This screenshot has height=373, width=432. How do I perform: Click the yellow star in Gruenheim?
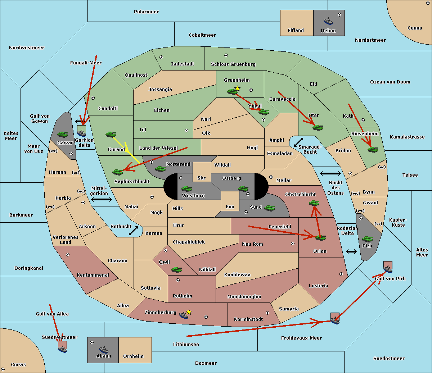pos(237,88)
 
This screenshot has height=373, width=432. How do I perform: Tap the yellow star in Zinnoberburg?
pos(189,312)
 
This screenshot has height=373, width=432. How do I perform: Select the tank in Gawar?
pos(63,134)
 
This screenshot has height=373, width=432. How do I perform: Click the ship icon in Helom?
pos(328,21)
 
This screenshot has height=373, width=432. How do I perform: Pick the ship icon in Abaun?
pos(104,349)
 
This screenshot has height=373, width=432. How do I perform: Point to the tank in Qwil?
pos(176,269)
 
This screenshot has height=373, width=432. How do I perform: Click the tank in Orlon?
pos(320,237)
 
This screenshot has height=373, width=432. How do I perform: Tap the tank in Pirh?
pos(367,239)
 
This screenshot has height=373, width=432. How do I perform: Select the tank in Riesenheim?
pos(373,149)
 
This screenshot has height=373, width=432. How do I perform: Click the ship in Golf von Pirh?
pos(388,267)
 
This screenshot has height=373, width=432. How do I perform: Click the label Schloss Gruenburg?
pos(233,64)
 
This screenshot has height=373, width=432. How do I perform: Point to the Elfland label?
pos(296,31)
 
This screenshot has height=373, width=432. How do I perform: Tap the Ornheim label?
pos(133,356)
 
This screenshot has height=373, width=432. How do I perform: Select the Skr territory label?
pos(201,178)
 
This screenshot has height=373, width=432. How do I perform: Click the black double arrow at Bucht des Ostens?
pos(330,174)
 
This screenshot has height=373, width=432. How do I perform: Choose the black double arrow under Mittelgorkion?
pos(102,200)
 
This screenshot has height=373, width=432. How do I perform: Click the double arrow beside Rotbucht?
pos(133,231)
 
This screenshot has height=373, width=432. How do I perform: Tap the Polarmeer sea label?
pos(146,12)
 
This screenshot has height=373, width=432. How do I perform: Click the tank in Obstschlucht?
pos(314,203)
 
